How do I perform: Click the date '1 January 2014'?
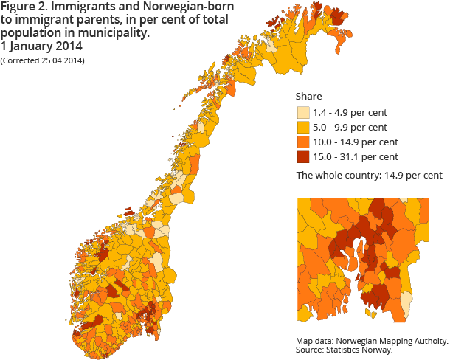pos(41,46)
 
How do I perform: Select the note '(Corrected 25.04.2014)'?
pos(43,60)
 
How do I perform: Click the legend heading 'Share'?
pos(308,97)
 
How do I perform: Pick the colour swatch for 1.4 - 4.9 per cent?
pos(302,113)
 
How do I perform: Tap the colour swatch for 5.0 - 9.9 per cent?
pos(302,128)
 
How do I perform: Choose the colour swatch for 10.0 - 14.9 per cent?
pos(302,142)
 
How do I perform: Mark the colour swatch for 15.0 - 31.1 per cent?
pos(302,156)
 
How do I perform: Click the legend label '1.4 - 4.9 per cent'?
pos(350,113)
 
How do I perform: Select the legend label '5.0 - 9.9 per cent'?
pos(350,128)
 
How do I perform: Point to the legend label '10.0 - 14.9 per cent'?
pos(355,142)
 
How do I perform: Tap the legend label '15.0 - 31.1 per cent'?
pos(355,156)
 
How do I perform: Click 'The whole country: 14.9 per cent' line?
pos(369,176)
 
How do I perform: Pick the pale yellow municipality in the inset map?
pos(405,302)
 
